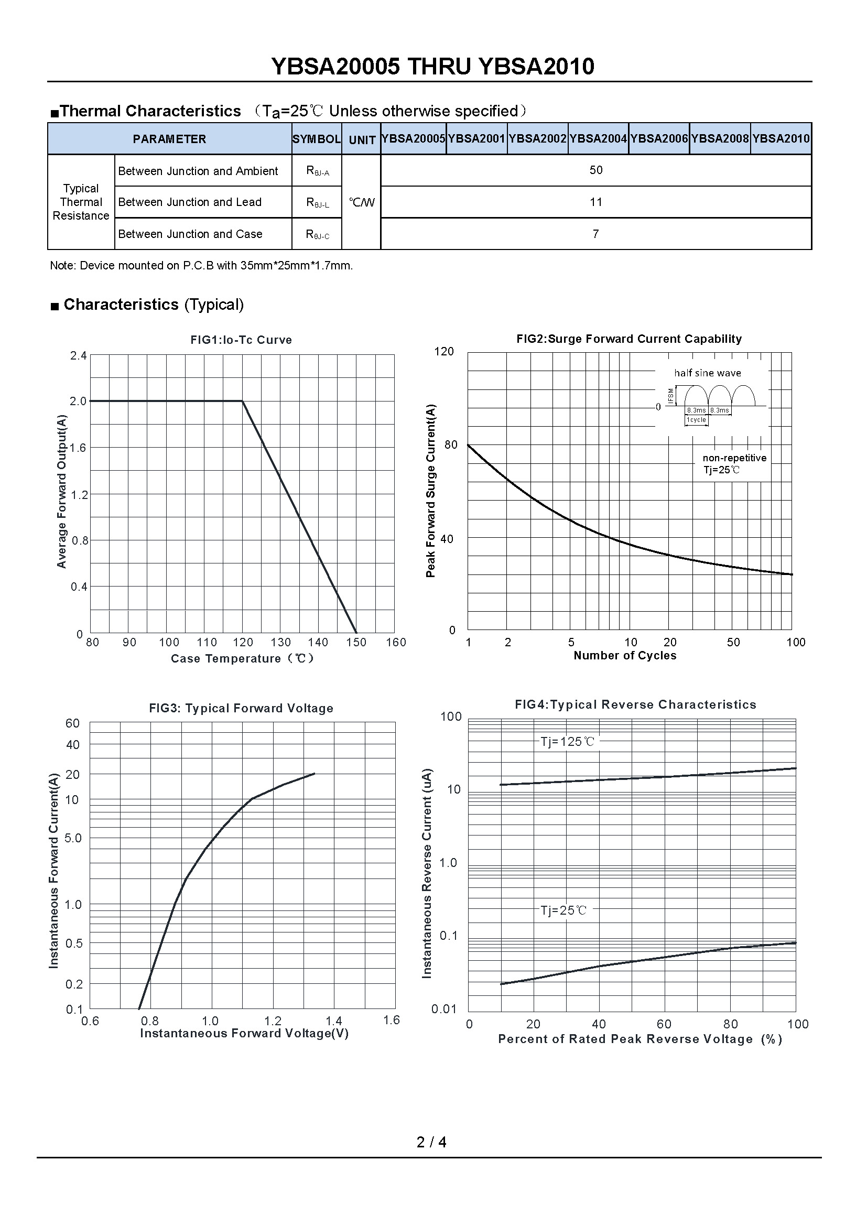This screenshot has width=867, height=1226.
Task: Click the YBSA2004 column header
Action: click(598, 139)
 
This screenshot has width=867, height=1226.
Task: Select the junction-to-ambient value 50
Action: click(596, 170)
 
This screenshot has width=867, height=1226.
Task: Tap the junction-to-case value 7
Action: click(596, 234)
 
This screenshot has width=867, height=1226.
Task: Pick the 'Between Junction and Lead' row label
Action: click(190, 202)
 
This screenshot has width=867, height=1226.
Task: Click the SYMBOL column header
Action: click(316, 139)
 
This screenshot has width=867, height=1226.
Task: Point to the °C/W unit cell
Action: click(362, 202)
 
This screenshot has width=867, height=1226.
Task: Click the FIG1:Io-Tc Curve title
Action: click(241, 340)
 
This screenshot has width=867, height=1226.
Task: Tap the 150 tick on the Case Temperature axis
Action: click(356, 643)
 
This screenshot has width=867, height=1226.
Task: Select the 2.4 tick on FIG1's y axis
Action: click(78, 355)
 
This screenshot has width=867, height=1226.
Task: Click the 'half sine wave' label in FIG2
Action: click(707, 373)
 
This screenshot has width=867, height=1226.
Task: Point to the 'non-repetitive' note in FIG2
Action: click(734, 458)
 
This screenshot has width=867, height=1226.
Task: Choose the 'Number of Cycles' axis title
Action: click(625, 656)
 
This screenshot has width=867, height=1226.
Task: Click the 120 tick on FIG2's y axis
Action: click(444, 351)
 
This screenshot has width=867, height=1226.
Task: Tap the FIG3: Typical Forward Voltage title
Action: click(241, 709)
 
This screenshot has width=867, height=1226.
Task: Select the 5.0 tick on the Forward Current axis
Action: click(73, 838)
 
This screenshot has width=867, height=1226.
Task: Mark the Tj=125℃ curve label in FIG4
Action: click(567, 742)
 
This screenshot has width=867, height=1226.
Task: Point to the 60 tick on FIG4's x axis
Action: click(664, 1024)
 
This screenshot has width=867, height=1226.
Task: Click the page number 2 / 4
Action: click(431, 1142)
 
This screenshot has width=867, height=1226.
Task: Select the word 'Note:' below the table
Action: click(62, 266)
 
